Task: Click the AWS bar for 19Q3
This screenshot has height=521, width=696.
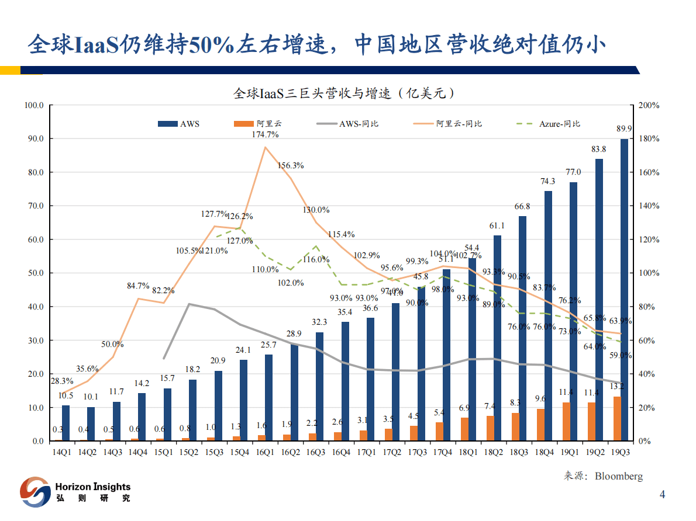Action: pyautogui.click(x=625, y=290)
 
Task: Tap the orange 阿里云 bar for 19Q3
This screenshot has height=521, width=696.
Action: pyautogui.click(x=617, y=418)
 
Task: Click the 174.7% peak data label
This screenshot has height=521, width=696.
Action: pyautogui.click(x=265, y=134)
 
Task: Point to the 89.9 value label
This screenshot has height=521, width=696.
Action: pyautogui.click(x=623, y=129)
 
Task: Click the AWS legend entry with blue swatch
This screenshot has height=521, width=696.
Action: pyautogui.click(x=179, y=124)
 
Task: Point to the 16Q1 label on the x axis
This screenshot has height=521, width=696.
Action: pyautogui.click(x=265, y=452)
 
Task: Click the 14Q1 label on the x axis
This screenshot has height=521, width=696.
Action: pyautogui.click(x=62, y=452)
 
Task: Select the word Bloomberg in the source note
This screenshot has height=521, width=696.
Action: pyautogui.click(x=618, y=476)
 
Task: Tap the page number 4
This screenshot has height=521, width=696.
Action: pyautogui.click(x=662, y=495)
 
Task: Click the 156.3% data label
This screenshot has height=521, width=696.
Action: pyautogui.click(x=291, y=165)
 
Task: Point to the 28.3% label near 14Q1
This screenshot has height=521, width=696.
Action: pyautogui.click(x=62, y=381)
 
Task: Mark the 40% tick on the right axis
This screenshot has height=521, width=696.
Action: pyautogui.click(x=647, y=374)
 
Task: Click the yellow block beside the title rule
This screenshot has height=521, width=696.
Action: pyautogui.click(x=10, y=70)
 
